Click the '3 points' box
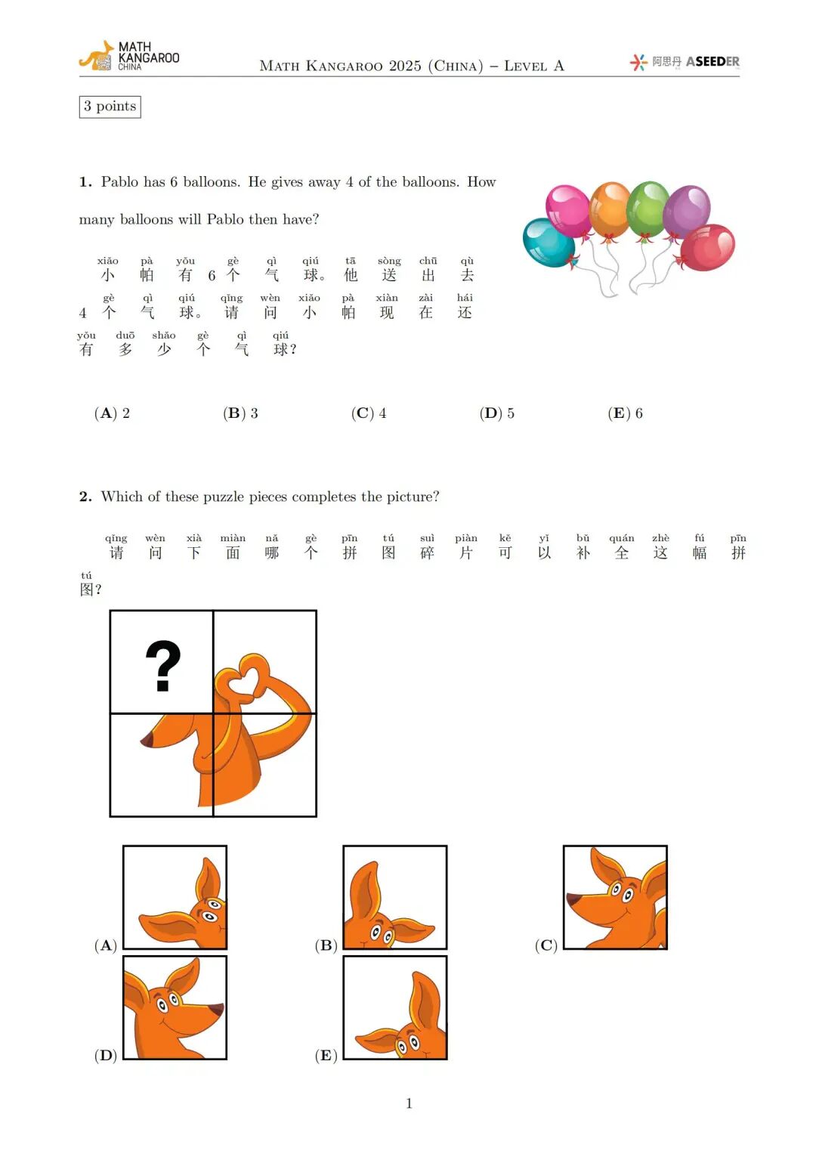click(x=110, y=107)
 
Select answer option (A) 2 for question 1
click(x=112, y=413)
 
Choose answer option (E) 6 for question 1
click(x=625, y=413)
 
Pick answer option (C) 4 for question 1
click(x=369, y=413)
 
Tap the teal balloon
click(x=547, y=243)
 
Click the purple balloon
click(x=687, y=209)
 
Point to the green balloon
click(x=648, y=207)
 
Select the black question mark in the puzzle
click(x=162, y=665)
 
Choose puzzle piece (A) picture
click(x=175, y=897)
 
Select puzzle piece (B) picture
click(x=394, y=897)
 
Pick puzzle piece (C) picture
click(x=615, y=897)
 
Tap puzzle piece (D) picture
click(x=175, y=1007)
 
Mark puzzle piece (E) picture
click(x=394, y=1007)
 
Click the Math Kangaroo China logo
click(x=129, y=57)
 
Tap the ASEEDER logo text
click(x=712, y=62)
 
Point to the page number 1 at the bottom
click(x=409, y=1103)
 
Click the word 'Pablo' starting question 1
click(x=120, y=182)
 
